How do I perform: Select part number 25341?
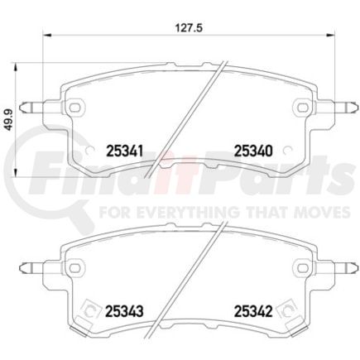pyautogui.click(x=125, y=151)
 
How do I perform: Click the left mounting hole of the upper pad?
pyautogui.click(x=78, y=106)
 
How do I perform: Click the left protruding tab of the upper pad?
pyautogui.click(x=36, y=105)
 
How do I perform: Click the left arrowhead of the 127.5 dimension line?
pyautogui.click(x=47, y=35)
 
